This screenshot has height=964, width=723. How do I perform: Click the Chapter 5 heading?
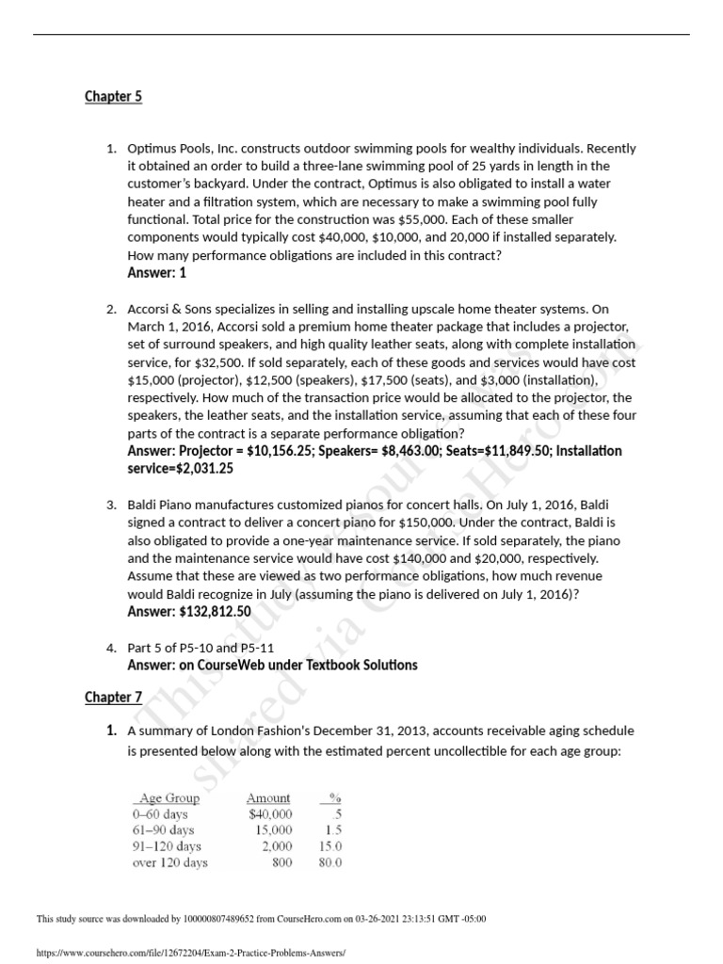(x=113, y=97)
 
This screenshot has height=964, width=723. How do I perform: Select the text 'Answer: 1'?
(x=157, y=273)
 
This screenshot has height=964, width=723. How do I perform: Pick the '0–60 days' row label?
(x=161, y=813)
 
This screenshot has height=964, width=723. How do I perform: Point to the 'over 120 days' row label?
(x=170, y=862)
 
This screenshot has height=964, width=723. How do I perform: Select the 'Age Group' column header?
(x=169, y=797)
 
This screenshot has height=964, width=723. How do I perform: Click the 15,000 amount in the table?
(x=273, y=829)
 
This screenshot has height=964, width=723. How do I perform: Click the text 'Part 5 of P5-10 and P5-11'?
(x=201, y=648)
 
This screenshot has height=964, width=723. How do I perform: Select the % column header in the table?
(x=334, y=797)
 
